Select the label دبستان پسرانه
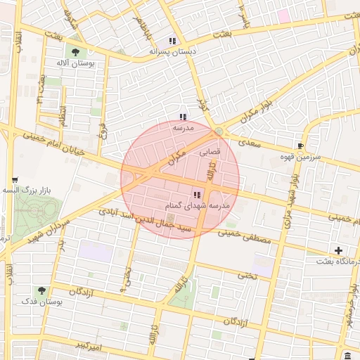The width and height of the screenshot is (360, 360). [173, 51]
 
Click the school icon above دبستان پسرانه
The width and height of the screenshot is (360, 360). [173, 41]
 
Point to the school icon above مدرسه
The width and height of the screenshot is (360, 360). [183, 117]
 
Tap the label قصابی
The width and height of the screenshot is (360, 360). [211, 151]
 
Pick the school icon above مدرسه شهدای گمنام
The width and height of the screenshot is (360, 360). [196, 195]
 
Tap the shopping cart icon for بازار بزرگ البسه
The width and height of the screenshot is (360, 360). [15, 180]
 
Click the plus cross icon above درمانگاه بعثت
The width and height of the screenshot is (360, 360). [339, 250]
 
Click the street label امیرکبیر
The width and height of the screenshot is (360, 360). [91, 347]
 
